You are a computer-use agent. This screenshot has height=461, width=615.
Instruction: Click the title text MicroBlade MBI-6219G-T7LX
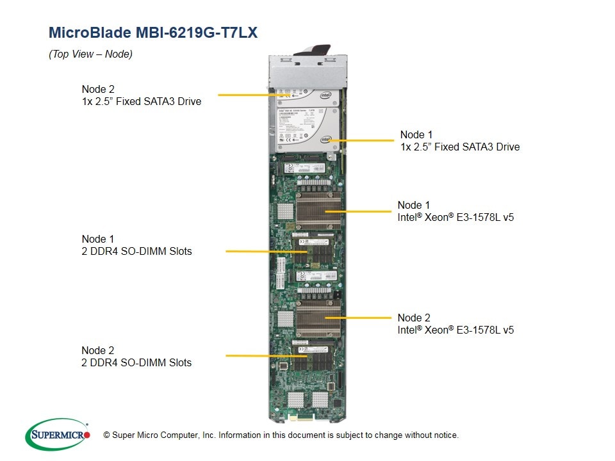pos(153,33)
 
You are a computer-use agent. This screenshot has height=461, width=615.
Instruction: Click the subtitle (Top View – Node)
pos(90,54)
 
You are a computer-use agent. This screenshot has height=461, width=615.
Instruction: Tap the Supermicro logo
pos(57,435)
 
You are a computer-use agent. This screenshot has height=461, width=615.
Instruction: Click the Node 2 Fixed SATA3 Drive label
pos(141,95)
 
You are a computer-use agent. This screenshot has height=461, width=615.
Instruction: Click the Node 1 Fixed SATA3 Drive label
pos(459,141)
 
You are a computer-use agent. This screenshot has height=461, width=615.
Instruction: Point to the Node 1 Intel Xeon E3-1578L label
pos(455,211)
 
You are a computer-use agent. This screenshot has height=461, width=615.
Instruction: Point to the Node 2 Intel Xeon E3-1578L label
pos(455,324)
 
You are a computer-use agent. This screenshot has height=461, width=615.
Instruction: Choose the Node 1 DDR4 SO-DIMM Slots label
pos(136,245)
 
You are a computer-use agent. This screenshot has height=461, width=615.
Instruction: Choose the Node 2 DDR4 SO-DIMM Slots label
pos(136,356)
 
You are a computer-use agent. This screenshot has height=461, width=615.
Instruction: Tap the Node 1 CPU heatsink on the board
pos(318,208)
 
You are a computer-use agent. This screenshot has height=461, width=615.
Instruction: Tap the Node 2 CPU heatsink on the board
pos(318,318)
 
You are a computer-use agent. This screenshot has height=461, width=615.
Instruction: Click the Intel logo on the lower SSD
pos(326,139)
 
